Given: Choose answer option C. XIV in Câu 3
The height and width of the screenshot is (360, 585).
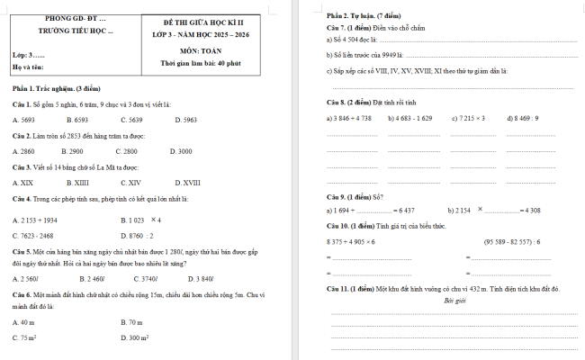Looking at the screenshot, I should (130, 183).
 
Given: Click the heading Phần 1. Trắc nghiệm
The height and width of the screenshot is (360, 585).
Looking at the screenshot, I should (49, 88).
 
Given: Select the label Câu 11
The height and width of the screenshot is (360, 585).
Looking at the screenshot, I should (338, 288).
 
